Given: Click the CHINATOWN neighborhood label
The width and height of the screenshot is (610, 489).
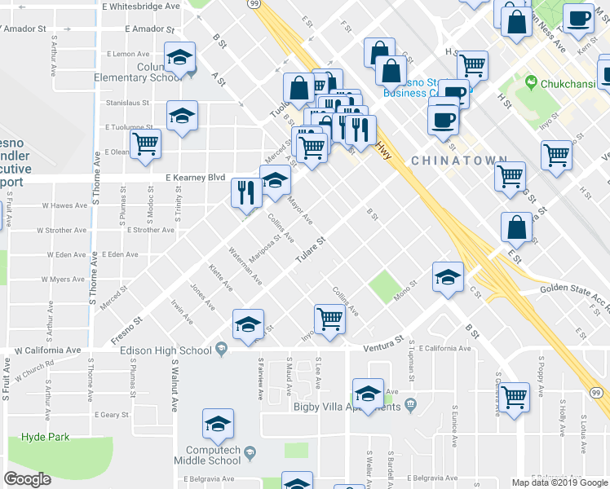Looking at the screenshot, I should click(x=453, y=161).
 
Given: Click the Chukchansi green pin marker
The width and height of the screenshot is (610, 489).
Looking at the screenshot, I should click(x=532, y=82).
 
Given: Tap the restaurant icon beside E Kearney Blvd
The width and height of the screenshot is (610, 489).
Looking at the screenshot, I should click(x=246, y=192).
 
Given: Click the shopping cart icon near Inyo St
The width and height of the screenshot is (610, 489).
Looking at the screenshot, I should click(x=329, y=319).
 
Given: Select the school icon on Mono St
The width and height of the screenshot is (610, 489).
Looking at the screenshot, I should click(x=448, y=277).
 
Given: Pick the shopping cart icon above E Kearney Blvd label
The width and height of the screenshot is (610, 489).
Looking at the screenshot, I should click(x=145, y=143).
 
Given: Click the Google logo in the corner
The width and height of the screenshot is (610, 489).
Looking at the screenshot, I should click(x=28, y=479).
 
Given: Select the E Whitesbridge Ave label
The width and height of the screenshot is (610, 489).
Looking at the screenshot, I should click(x=141, y=6).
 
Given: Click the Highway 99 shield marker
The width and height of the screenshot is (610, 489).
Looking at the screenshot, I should click(x=254, y=4).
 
